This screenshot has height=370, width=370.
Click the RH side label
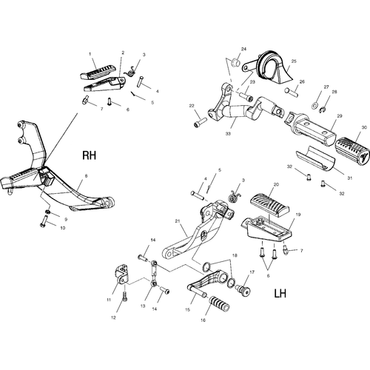[89, 155]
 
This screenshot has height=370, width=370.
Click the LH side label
[280, 294]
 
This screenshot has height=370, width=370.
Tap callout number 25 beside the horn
[294, 61]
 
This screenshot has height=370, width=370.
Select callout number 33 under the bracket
[228, 133]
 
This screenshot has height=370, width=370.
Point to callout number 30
[364, 127]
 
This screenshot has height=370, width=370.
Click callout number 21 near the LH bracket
[178, 221]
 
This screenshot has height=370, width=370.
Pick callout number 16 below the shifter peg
[203, 320]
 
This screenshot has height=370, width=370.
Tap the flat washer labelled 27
[314, 106]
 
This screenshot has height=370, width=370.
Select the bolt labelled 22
[201, 123]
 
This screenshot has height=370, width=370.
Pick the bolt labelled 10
[44, 221]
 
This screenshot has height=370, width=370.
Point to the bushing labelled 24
[235, 62]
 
